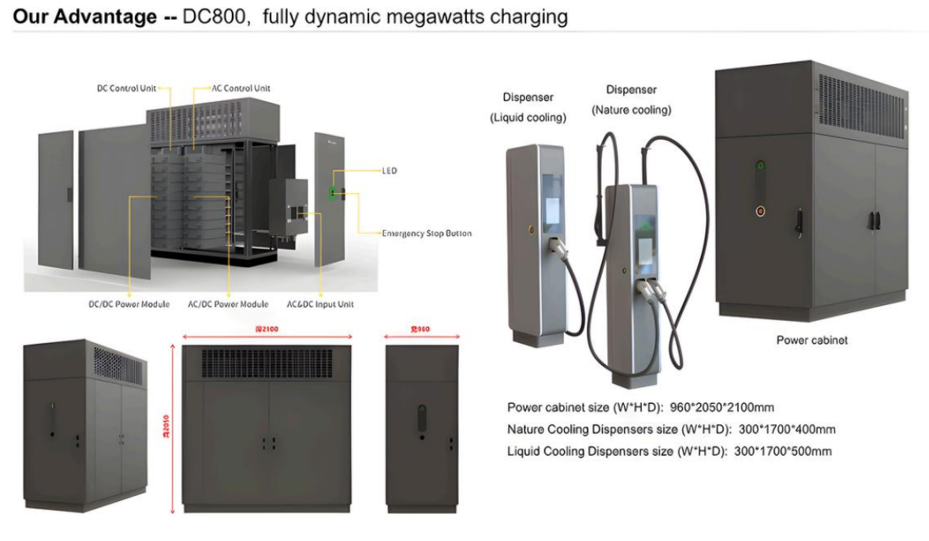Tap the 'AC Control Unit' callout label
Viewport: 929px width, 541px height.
point(241,88)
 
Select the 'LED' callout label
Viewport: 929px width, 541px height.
point(389,170)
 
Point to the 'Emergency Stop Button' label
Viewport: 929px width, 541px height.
point(427,233)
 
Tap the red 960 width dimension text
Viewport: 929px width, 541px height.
point(420,328)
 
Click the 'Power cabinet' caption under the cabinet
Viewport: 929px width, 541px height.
point(812,341)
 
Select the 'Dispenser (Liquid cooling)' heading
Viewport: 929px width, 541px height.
point(528,107)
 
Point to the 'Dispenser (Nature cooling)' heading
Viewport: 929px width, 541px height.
point(631,99)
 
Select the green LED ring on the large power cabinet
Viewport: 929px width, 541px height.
point(760,166)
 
